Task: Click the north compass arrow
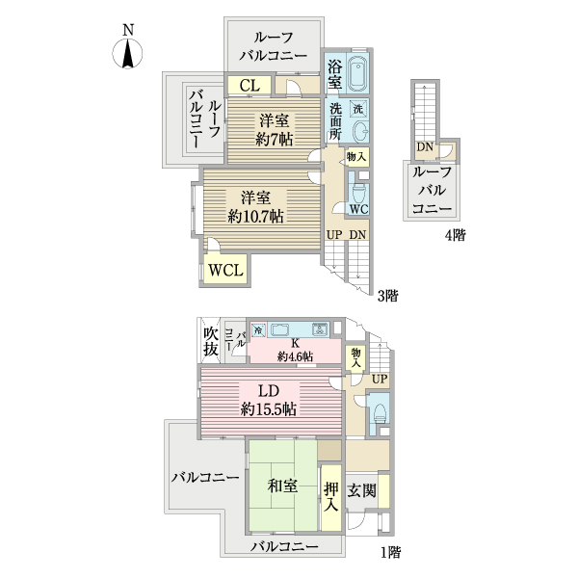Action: [x=128, y=52]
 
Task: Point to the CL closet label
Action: [x=249, y=86]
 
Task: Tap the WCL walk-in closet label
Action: [x=226, y=271]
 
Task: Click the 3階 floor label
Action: [x=387, y=295]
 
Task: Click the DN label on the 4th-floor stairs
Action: [x=424, y=147]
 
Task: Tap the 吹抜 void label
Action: [x=211, y=341]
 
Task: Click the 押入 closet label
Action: [x=330, y=495]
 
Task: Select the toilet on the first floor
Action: [x=379, y=413]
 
